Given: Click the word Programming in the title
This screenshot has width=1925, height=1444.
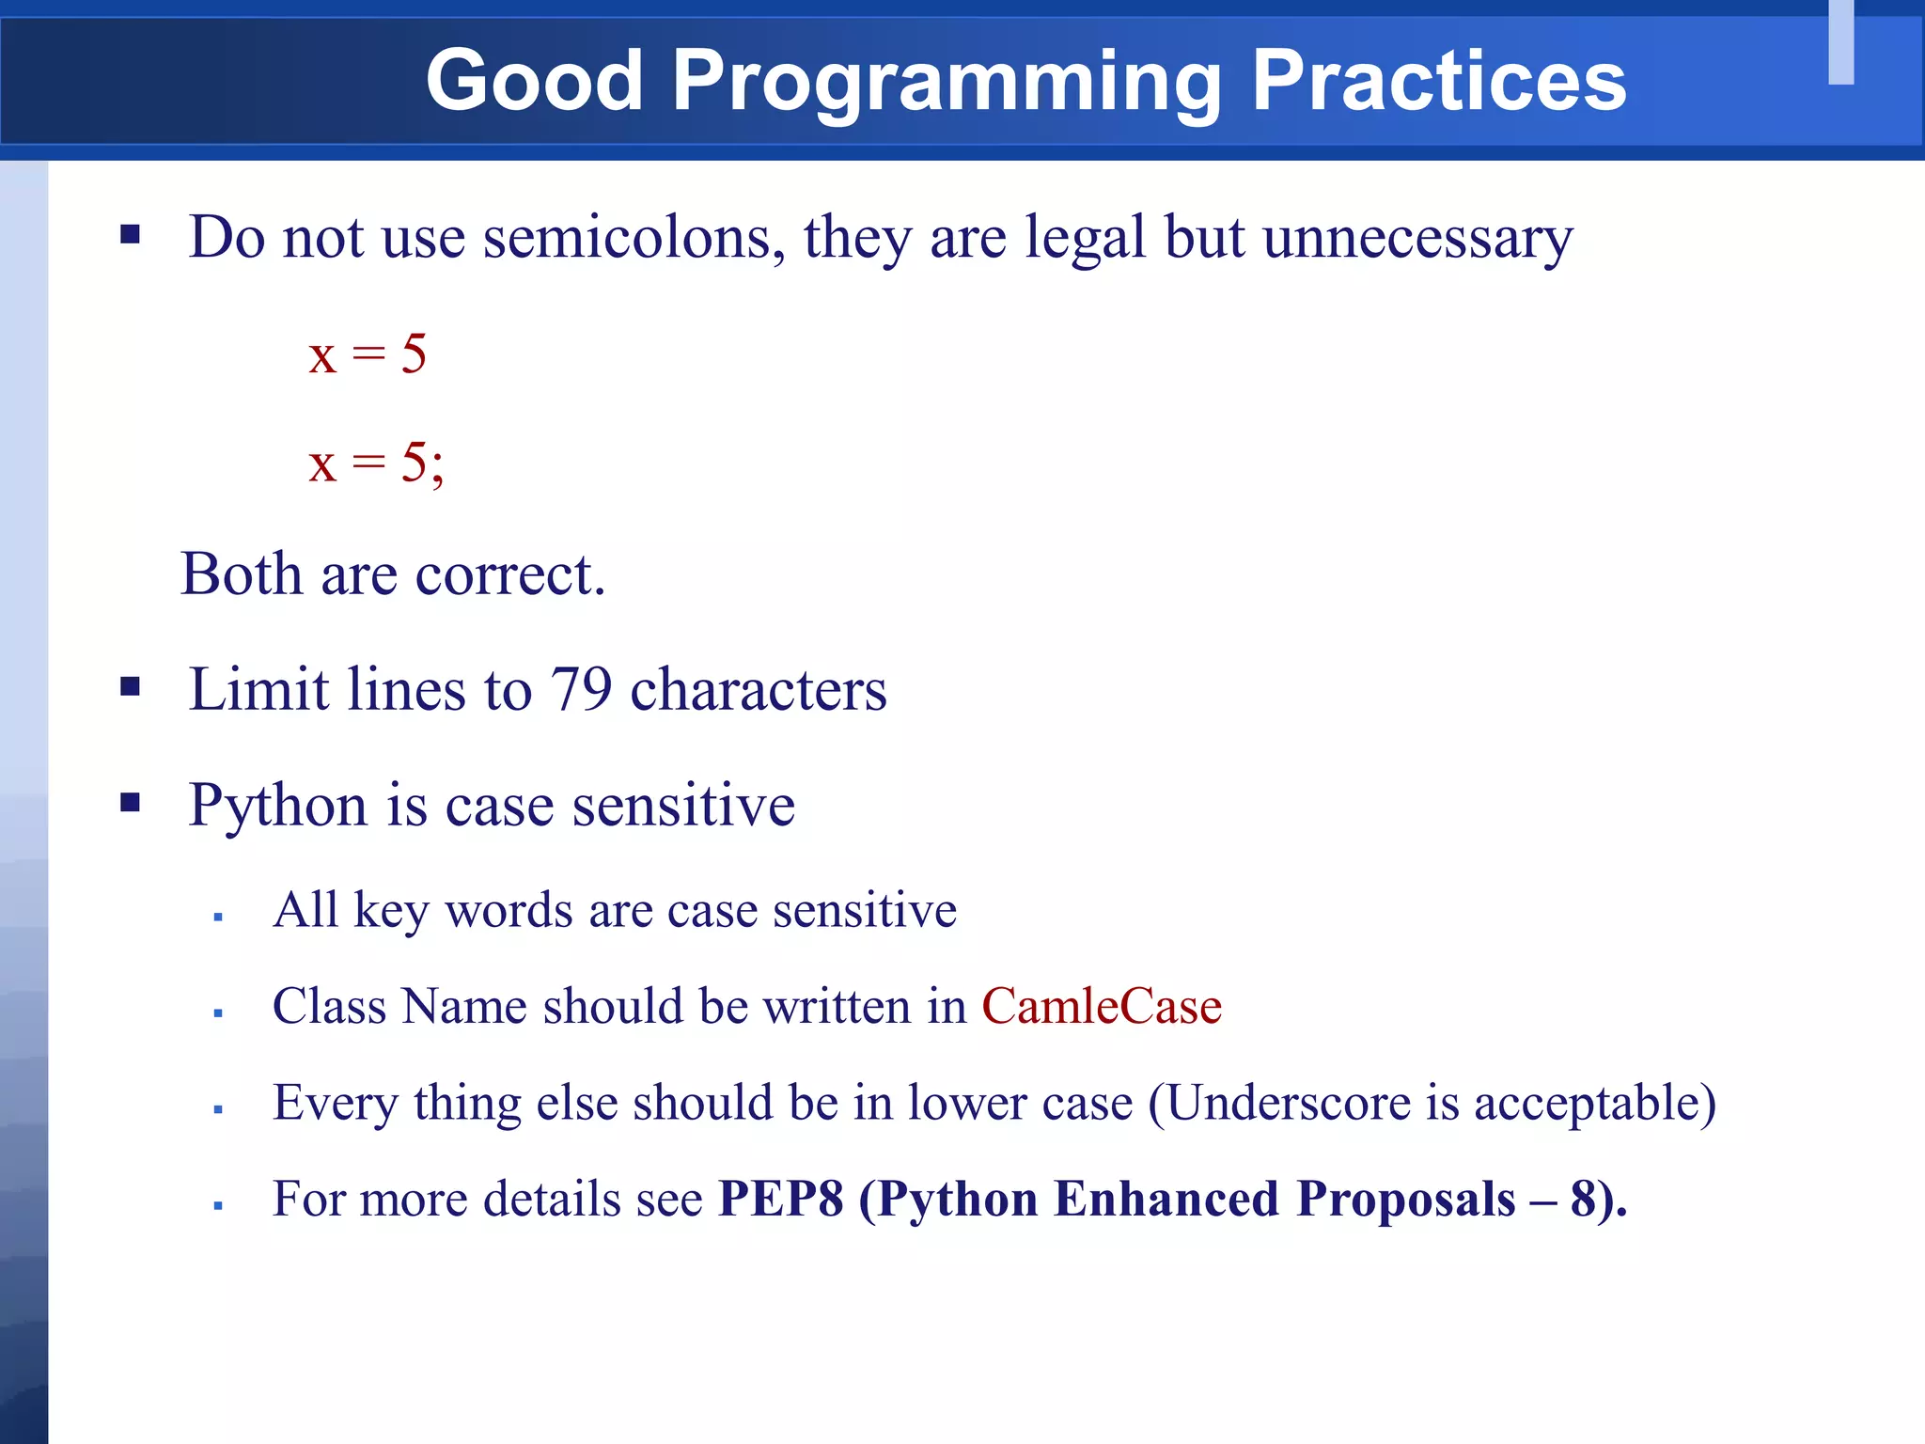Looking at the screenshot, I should [946, 83].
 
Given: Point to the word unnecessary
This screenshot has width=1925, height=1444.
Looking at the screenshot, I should [1417, 239].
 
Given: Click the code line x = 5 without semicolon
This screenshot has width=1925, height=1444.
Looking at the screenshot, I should [368, 355].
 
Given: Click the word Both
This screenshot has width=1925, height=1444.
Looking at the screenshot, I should [242, 573].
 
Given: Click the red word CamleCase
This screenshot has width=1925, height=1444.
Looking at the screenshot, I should [1102, 1006].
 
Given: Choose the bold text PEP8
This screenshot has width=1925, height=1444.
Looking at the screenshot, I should [780, 1200].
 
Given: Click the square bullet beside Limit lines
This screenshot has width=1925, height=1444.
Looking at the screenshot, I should [130, 687].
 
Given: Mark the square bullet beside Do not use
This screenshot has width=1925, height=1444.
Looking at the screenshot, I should [130, 234].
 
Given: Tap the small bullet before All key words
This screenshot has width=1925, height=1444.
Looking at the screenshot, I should [218, 917].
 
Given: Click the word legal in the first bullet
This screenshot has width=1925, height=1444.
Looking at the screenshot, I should [1085, 237].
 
